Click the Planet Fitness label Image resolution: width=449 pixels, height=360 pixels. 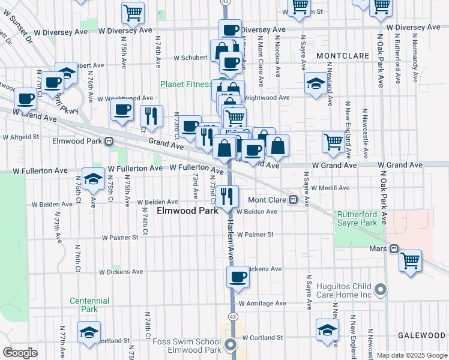point(185,85)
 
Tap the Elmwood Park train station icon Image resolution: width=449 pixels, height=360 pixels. point(109,142)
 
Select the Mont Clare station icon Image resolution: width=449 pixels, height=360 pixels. point(293,200)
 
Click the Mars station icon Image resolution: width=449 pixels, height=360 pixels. point(394,248)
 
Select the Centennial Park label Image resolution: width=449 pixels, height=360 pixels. point(89,305)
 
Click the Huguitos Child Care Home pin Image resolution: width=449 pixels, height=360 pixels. point(380,291)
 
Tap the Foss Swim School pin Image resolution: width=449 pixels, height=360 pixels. point(232,345)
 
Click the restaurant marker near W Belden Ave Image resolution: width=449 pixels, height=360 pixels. point(228,196)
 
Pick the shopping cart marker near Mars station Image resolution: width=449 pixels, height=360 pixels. point(411,261)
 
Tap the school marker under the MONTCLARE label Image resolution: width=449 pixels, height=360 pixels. point(316,84)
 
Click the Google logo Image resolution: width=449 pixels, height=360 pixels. point(20,353)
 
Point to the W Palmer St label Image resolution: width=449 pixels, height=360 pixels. point(255,235)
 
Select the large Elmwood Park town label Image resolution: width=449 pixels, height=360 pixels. point(187,212)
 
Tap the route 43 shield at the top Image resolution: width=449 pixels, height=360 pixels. point(224,2)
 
